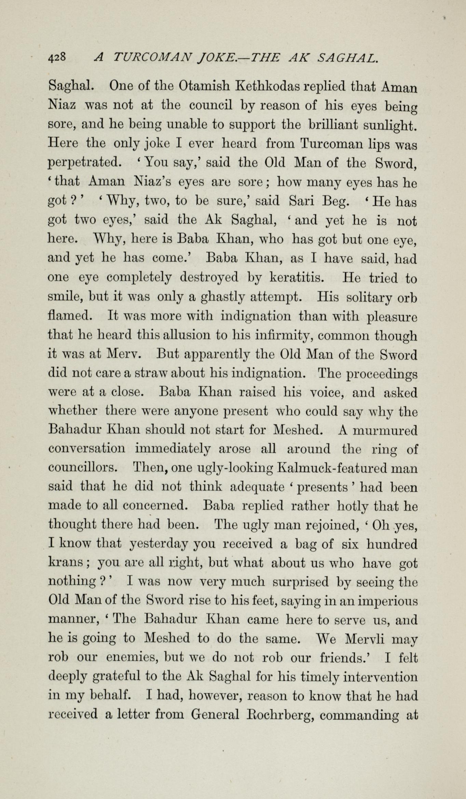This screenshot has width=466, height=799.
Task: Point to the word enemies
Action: [x=132, y=657]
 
